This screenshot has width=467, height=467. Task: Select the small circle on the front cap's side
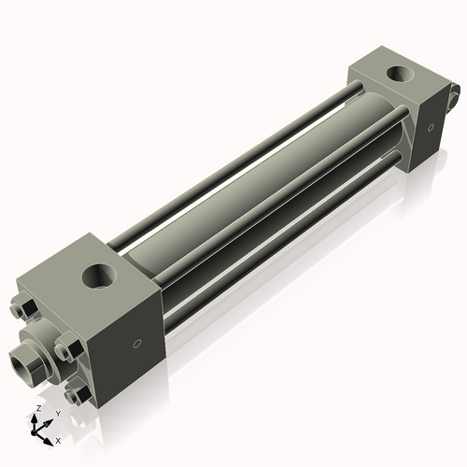coord(138,345)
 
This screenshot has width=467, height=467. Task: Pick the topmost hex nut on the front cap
coord(24,309)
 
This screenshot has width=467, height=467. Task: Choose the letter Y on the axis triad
coord(58,413)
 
